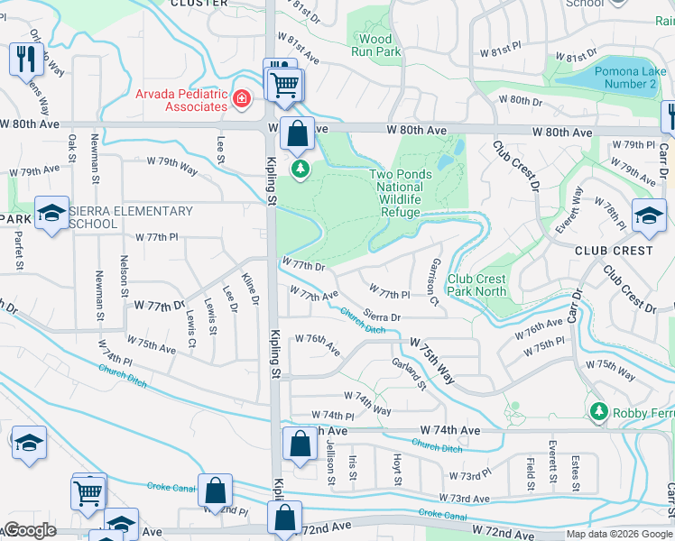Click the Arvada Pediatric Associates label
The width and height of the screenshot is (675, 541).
pyautogui.click(x=182, y=99)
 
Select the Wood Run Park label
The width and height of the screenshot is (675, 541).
pyautogui.click(x=376, y=45)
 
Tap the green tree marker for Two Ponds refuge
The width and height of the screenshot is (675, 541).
pyautogui.click(x=300, y=169)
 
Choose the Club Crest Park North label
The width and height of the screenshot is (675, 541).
pyautogui.click(x=477, y=285)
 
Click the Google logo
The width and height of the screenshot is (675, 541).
pyautogui.click(x=29, y=530)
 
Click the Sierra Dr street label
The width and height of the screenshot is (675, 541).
pyautogui.click(x=394, y=316)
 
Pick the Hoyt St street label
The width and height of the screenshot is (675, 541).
pyautogui.click(x=397, y=468)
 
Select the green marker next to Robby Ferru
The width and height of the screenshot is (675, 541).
pyautogui.click(x=597, y=412)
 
